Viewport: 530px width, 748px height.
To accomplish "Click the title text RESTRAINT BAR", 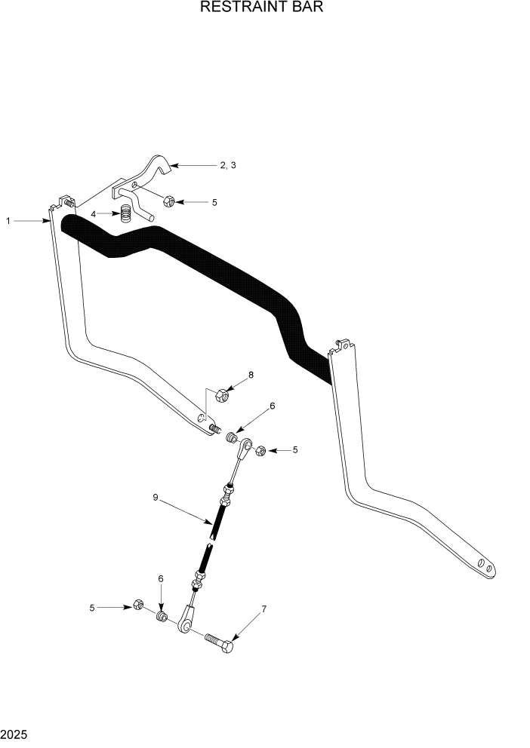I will (x=264, y=8).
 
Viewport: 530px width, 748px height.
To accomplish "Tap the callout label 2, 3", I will (x=228, y=165).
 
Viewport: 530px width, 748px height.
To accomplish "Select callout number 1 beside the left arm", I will (x=8, y=221).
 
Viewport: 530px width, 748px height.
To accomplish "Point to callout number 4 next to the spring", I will (x=94, y=214).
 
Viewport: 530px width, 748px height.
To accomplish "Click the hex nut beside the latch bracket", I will (x=169, y=201).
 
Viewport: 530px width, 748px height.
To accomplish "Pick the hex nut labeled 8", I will (x=222, y=394).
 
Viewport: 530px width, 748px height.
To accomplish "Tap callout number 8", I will (x=251, y=375).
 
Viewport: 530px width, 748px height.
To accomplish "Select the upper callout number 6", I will (x=272, y=406).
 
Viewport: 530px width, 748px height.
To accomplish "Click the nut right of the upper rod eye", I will (x=257, y=450).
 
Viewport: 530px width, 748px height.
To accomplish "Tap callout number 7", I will (x=263, y=609).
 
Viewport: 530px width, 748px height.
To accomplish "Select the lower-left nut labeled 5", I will (x=138, y=605).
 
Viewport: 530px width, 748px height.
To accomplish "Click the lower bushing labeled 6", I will (x=161, y=617).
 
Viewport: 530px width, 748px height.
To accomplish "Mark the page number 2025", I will (x=15, y=733).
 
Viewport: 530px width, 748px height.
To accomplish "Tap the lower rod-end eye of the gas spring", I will (x=183, y=624).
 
